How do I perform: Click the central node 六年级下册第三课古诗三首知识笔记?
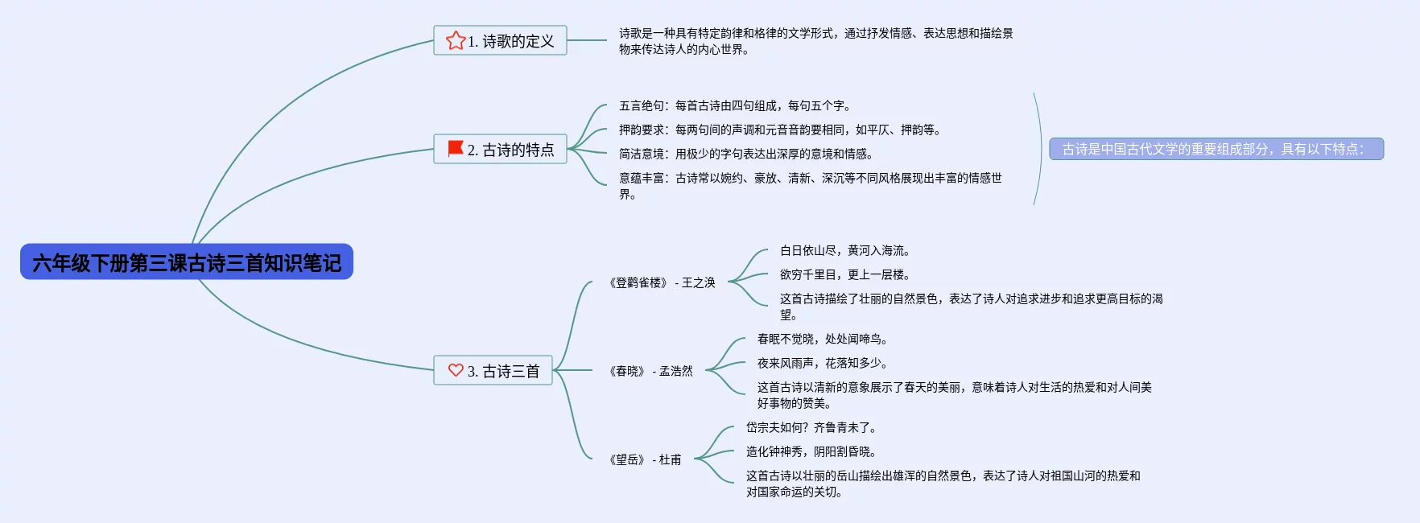(187, 262)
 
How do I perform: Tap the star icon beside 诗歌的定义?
(456, 40)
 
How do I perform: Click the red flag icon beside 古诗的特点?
(456, 149)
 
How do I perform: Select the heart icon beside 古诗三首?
(456, 370)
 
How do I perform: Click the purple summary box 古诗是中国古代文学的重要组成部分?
(1216, 149)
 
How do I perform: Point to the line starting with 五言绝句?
(734, 105)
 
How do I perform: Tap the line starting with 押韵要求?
(779, 130)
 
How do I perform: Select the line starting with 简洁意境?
(745, 154)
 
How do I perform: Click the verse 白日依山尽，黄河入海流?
(844, 250)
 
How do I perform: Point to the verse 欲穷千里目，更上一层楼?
(844, 274)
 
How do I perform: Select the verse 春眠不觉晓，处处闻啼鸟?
(822, 339)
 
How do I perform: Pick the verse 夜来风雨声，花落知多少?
(822, 363)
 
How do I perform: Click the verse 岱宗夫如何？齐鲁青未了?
(811, 427)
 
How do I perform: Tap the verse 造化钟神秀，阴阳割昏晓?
(811, 451)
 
